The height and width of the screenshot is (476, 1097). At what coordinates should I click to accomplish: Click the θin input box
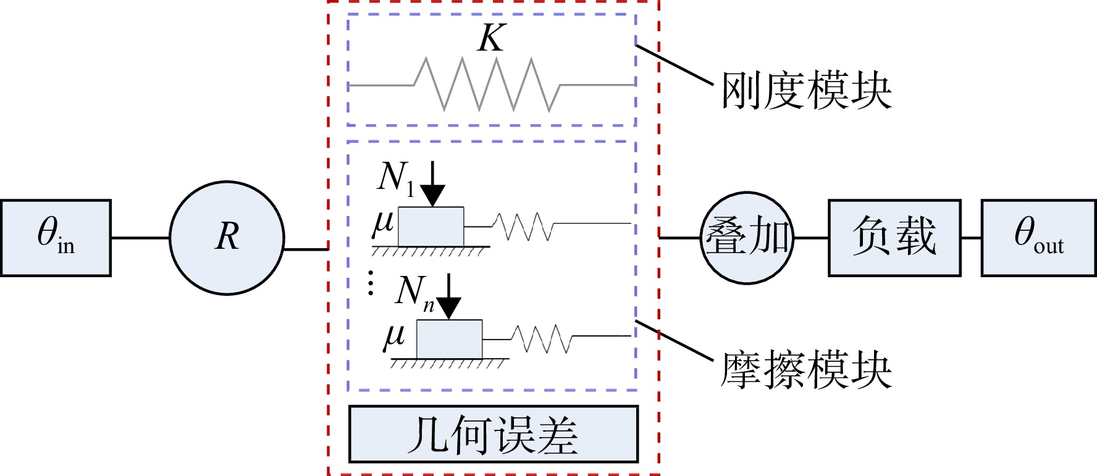tap(56, 238)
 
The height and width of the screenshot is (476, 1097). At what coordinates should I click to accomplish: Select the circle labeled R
tap(227, 238)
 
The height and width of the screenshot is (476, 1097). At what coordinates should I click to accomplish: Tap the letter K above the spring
tap(492, 38)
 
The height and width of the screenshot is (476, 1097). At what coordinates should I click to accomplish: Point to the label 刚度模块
tap(807, 91)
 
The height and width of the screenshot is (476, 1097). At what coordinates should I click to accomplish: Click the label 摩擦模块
tap(807, 370)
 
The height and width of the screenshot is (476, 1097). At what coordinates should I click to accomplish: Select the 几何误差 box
tap(493, 434)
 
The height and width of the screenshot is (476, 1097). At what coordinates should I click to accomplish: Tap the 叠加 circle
tap(747, 238)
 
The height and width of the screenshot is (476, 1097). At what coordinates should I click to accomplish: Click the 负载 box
tap(894, 238)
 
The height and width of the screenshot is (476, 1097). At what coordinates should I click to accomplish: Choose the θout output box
tap(1039, 238)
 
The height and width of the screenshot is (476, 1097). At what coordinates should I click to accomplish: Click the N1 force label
tap(396, 178)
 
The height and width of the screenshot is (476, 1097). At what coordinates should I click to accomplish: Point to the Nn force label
tap(414, 292)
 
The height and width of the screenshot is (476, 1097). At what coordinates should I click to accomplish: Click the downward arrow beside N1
tap(433, 183)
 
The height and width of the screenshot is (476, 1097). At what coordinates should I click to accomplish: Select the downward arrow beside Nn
tap(449, 296)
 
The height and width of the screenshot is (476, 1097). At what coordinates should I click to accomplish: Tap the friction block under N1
tap(431, 227)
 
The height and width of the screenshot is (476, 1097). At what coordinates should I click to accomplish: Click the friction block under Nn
tap(449, 340)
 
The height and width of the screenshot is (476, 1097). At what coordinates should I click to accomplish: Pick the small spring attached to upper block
tap(523, 227)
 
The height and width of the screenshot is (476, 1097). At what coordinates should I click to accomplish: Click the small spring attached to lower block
tap(542, 339)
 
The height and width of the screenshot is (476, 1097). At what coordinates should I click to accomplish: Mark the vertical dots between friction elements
tap(371, 282)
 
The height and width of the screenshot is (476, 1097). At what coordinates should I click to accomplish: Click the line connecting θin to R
tap(140, 238)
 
